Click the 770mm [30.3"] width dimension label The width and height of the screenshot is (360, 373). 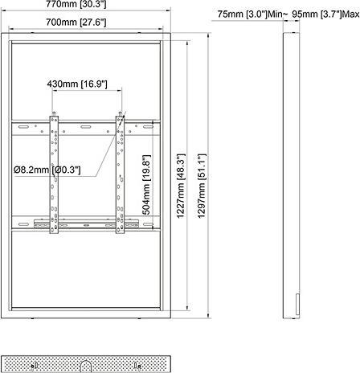[88, 6]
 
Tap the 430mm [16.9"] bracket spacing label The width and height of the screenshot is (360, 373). [88, 82]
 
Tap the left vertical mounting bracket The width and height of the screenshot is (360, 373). [55, 174]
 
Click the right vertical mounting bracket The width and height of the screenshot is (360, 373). [121, 174]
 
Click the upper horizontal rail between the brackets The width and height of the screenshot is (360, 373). [87, 128]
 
